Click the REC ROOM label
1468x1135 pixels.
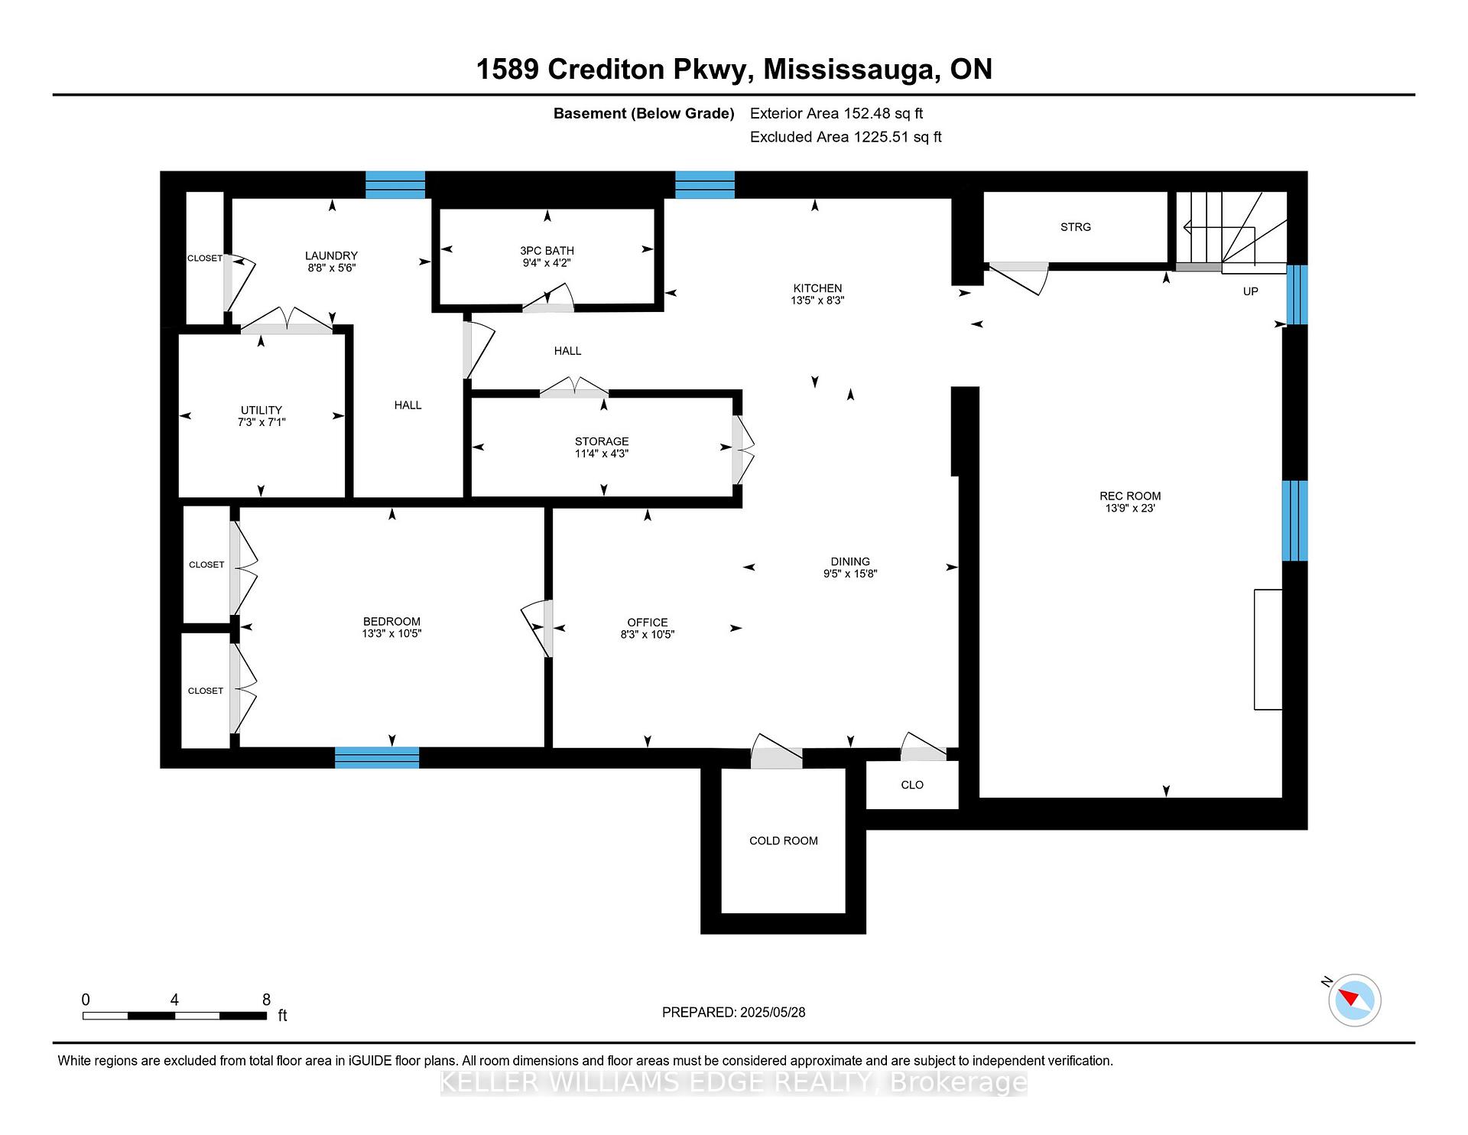click(1129, 496)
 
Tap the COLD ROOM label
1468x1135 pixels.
click(783, 841)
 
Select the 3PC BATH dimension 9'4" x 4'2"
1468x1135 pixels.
click(547, 262)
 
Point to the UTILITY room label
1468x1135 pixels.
click(261, 410)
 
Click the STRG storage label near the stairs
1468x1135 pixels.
click(1075, 227)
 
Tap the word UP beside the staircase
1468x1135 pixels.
click(1250, 291)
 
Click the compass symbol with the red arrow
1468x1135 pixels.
click(1354, 1000)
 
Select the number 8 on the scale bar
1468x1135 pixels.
click(266, 1000)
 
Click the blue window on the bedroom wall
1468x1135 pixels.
click(377, 757)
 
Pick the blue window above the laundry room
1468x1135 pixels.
click(395, 185)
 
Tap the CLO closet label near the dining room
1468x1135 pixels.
click(911, 785)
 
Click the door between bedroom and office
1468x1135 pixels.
click(540, 627)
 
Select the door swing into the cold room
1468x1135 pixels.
click(775, 752)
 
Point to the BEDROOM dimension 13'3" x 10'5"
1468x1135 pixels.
click(391, 633)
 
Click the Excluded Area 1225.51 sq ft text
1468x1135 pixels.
click(845, 137)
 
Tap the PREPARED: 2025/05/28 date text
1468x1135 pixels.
click(733, 1012)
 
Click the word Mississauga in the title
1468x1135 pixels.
click(851, 70)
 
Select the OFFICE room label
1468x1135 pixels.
click(647, 622)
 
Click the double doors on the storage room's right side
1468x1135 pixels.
click(742, 449)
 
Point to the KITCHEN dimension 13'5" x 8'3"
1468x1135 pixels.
click(817, 301)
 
